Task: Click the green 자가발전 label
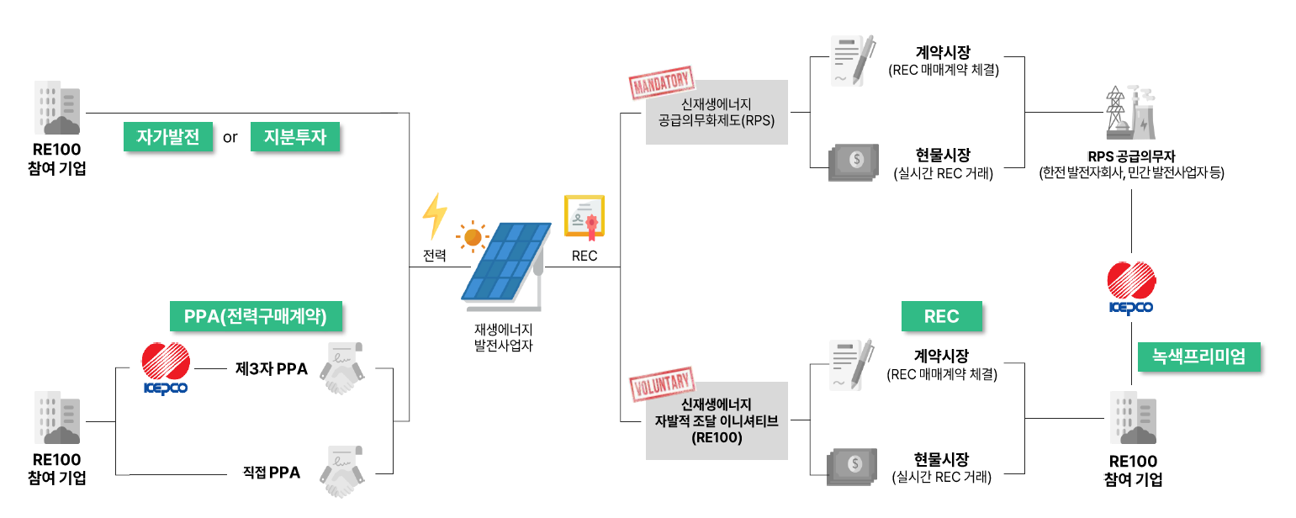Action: point(168,137)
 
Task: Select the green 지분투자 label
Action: point(295,137)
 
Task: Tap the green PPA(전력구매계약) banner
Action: point(256,316)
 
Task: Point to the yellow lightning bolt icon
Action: point(435,216)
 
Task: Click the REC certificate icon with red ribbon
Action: point(585,218)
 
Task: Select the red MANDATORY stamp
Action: point(662,82)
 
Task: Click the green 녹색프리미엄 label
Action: point(1198,357)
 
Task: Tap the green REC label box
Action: point(941,316)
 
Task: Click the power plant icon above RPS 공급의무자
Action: point(1131,113)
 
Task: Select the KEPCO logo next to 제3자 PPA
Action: point(166,368)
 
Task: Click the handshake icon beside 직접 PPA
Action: point(342,472)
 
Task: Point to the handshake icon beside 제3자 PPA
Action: point(342,368)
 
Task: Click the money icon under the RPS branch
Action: point(854,162)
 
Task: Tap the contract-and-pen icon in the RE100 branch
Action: point(852,365)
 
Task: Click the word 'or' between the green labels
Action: point(230,138)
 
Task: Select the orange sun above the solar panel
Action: point(473,237)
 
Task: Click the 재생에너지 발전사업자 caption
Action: point(504,337)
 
